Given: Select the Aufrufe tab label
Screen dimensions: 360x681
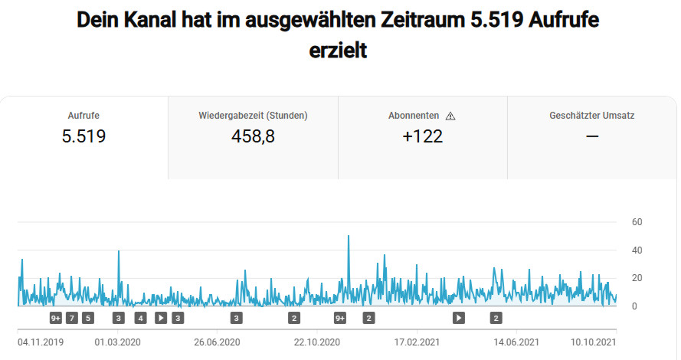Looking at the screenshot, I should pyautogui.click(x=83, y=116).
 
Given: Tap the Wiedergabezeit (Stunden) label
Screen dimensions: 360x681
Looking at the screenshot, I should pyautogui.click(x=253, y=116).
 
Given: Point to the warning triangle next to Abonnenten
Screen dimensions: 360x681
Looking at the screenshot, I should pyautogui.click(x=450, y=116).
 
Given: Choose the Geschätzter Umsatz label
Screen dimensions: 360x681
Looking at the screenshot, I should pyautogui.click(x=591, y=116).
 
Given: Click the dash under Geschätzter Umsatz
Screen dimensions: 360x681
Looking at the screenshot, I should pyautogui.click(x=591, y=136).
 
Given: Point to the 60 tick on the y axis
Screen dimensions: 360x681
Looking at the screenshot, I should pyautogui.click(x=637, y=222).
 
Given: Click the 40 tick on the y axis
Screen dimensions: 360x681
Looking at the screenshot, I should pyautogui.click(x=637, y=250).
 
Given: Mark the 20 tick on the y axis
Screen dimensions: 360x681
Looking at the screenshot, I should pyautogui.click(x=637, y=278).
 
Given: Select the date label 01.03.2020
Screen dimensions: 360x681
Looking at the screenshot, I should pyautogui.click(x=118, y=342).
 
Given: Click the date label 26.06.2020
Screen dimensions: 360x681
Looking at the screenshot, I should pyautogui.click(x=218, y=342).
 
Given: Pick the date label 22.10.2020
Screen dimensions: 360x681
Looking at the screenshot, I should pyautogui.click(x=317, y=342).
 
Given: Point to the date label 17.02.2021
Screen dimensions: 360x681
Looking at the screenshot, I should pyautogui.click(x=417, y=342).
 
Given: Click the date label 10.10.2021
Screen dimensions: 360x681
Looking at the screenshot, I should pyautogui.click(x=594, y=342).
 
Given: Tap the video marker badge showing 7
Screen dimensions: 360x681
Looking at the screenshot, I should pyautogui.click(x=72, y=318).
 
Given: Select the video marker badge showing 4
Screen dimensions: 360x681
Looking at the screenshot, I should pyautogui.click(x=140, y=318).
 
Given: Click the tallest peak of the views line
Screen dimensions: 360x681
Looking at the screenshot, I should pyautogui.click(x=349, y=237).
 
